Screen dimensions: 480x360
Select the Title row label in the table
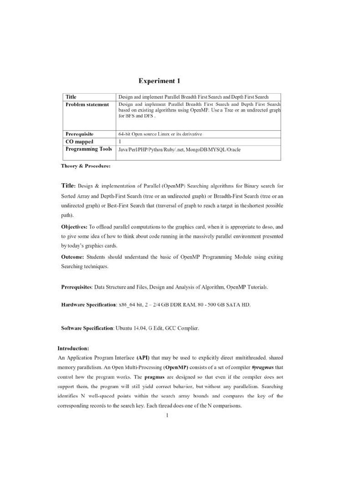(x=71, y=97)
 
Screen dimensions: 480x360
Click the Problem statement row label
(x=87, y=104)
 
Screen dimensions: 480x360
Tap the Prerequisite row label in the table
(x=79, y=134)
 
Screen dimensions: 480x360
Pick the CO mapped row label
(x=79, y=141)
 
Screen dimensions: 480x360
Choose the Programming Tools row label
(x=89, y=149)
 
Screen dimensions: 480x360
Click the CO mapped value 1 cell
(x=120, y=141)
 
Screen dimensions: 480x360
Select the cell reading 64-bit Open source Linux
(x=160, y=134)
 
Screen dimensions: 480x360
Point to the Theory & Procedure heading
(x=86, y=166)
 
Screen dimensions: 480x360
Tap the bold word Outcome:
(x=73, y=257)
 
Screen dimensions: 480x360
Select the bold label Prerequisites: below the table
(x=76, y=286)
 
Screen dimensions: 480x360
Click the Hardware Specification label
(x=89, y=305)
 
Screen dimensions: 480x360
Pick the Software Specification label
(x=87, y=328)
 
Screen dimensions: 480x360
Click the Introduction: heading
(x=73, y=348)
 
